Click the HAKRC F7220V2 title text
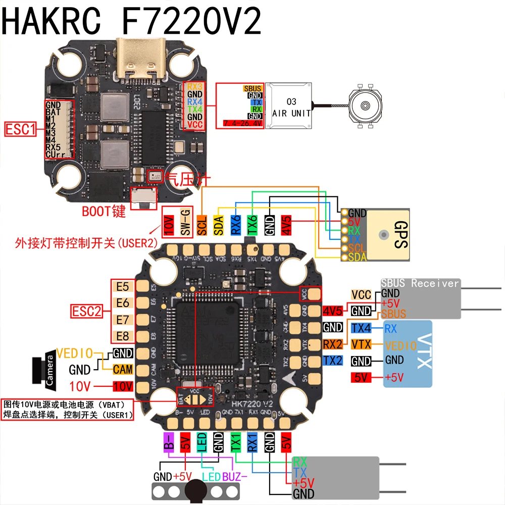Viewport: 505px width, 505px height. [132, 21]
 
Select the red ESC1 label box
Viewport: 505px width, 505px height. [20, 130]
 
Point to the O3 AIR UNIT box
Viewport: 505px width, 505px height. [291, 108]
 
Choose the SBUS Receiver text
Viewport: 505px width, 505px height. [420, 283]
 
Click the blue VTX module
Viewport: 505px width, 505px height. [408, 353]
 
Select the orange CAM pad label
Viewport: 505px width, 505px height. [123, 370]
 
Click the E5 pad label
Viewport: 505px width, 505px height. [123, 287]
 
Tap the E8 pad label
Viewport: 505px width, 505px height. [123, 336]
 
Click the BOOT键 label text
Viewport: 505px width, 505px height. [104, 211]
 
